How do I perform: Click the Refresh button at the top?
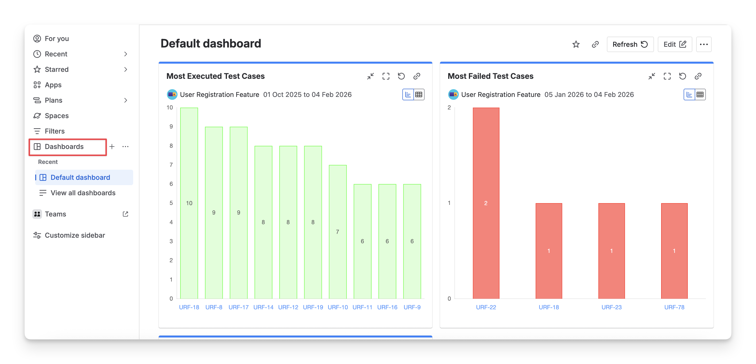[x=630, y=44]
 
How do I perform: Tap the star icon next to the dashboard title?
[x=576, y=44]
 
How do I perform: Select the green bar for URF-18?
[x=189, y=203]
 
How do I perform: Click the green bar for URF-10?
[x=337, y=232]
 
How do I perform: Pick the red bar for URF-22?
[x=486, y=203]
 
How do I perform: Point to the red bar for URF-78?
[x=674, y=251]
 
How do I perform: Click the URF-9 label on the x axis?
[x=412, y=307]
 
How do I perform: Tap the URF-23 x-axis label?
[x=611, y=307]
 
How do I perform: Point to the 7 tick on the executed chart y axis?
[x=171, y=165]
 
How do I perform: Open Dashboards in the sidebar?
[x=64, y=147]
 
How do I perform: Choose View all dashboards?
[x=83, y=193]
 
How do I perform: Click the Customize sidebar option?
[x=75, y=235]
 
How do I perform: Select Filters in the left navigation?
[x=55, y=131]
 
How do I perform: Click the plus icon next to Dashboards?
[x=112, y=147]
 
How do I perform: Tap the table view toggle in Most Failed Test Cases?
[x=700, y=94]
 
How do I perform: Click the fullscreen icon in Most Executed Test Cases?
[x=386, y=76]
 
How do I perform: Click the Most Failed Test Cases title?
[x=490, y=76]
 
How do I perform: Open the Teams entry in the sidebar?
[x=55, y=214]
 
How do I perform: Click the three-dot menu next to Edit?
[x=703, y=44]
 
